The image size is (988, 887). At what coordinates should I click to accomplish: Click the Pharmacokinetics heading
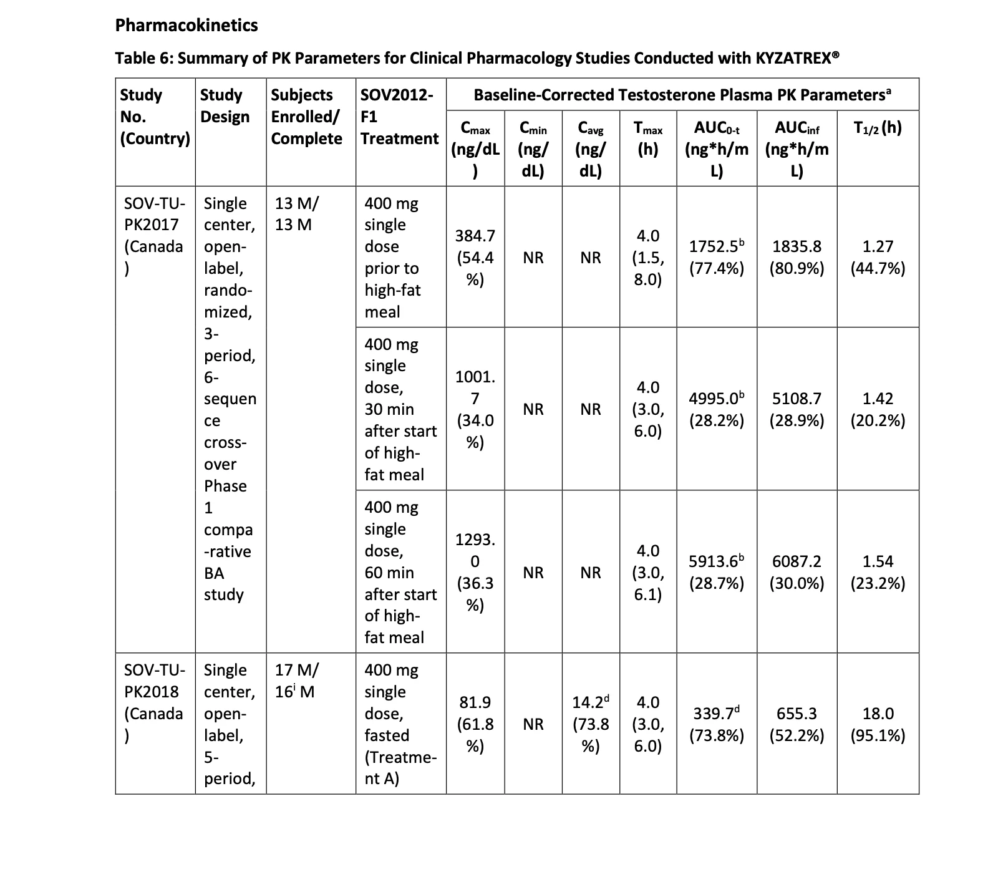tap(186, 25)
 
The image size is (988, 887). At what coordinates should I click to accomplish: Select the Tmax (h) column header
tap(647, 139)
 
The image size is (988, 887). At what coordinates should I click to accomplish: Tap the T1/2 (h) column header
tap(878, 128)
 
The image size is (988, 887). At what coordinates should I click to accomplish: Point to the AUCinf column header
tap(797, 149)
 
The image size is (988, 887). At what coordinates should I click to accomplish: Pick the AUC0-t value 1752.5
tap(716, 247)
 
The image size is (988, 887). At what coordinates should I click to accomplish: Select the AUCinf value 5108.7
tap(797, 399)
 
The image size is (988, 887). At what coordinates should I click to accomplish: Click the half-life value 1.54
tap(878, 561)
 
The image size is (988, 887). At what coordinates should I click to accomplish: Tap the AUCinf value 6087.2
tap(797, 561)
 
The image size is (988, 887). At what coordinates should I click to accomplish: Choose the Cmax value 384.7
tap(475, 236)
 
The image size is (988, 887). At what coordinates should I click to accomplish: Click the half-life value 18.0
tap(878, 714)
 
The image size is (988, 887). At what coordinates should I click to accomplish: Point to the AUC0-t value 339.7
tap(716, 714)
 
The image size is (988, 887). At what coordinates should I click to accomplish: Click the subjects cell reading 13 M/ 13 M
tap(297, 214)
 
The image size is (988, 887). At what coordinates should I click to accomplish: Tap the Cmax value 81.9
tap(475, 702)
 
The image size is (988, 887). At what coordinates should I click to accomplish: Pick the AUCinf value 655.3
tap(797, 714)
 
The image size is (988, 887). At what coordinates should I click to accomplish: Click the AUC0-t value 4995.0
tap(716, 399)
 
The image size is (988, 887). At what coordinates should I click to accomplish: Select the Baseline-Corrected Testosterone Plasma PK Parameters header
tap(682, 95)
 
